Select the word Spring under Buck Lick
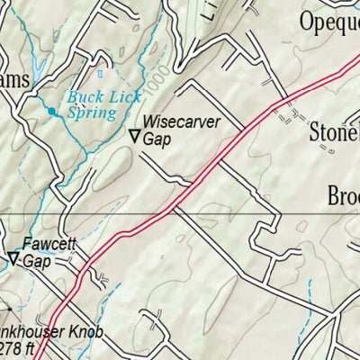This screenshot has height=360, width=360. point(92,113)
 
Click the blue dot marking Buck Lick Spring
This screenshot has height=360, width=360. point(51,112)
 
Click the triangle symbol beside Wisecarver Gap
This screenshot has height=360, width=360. point(134,137)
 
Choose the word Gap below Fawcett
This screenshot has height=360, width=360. point(37,261)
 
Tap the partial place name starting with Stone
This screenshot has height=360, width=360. point(334,134)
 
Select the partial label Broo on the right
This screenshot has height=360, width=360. point(343,195)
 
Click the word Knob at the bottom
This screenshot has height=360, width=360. point(85,332)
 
